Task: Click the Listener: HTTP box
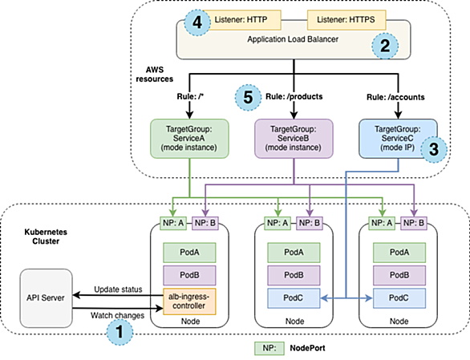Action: (x=242, y=20)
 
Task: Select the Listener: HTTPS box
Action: (x=346, y=20)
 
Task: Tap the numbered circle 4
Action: (x=197, y=22)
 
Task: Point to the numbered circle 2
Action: (x=385, y=46)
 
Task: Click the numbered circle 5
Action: (x=248, y=98)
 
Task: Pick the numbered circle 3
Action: (x=434, y=149)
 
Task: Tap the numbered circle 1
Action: (x=120, y=332)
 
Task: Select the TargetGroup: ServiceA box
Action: (x=189, y=139)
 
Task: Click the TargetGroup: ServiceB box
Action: (x=294, y=139)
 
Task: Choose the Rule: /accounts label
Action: (x=395, y=97)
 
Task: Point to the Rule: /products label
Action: (x=294, y=96)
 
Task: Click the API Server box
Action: (x=47, y=298)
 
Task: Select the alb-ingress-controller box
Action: (x=189, y=301)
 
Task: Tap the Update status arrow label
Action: (x=118, y=289)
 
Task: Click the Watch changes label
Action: (x=117, y=316)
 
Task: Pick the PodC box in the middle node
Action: (x=294, y=298)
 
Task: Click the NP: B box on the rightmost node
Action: (x=414, y=223)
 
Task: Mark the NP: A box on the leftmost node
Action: (x=173, y=223)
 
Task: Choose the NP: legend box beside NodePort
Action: (x=269, y=348)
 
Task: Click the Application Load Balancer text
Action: (x=293, y=39)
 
